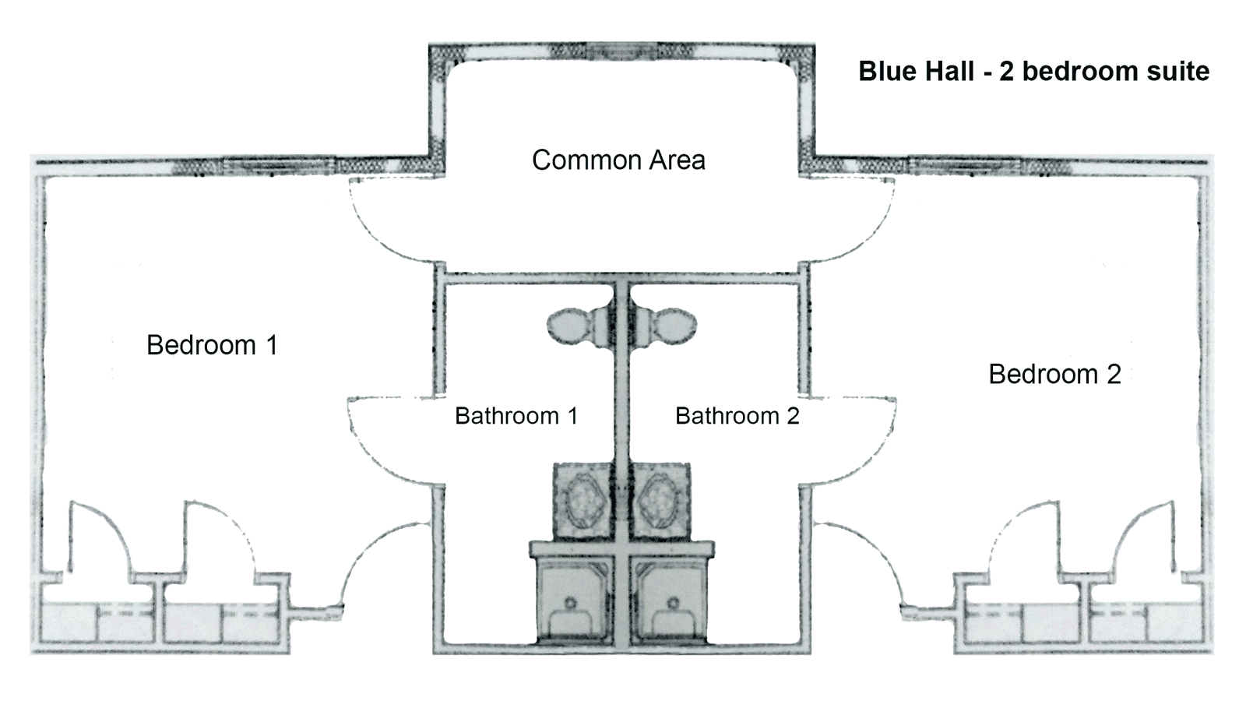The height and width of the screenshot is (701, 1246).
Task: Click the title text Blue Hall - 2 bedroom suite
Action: (1033, 72)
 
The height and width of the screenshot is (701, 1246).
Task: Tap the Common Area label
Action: (618, 160)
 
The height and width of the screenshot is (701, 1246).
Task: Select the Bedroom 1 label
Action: (212, 345)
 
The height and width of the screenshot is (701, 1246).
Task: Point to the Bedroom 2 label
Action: (1054, 375)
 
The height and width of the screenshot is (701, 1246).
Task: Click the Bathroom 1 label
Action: (516, 416)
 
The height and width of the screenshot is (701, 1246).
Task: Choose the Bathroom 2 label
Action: (737, 416)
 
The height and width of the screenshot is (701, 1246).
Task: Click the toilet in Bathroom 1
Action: (576, 325)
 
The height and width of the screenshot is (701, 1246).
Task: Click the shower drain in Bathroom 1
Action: (570, 601)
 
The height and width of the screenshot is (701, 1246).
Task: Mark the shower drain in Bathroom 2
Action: (674, 601)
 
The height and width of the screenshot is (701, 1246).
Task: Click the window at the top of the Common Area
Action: (622, 51)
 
